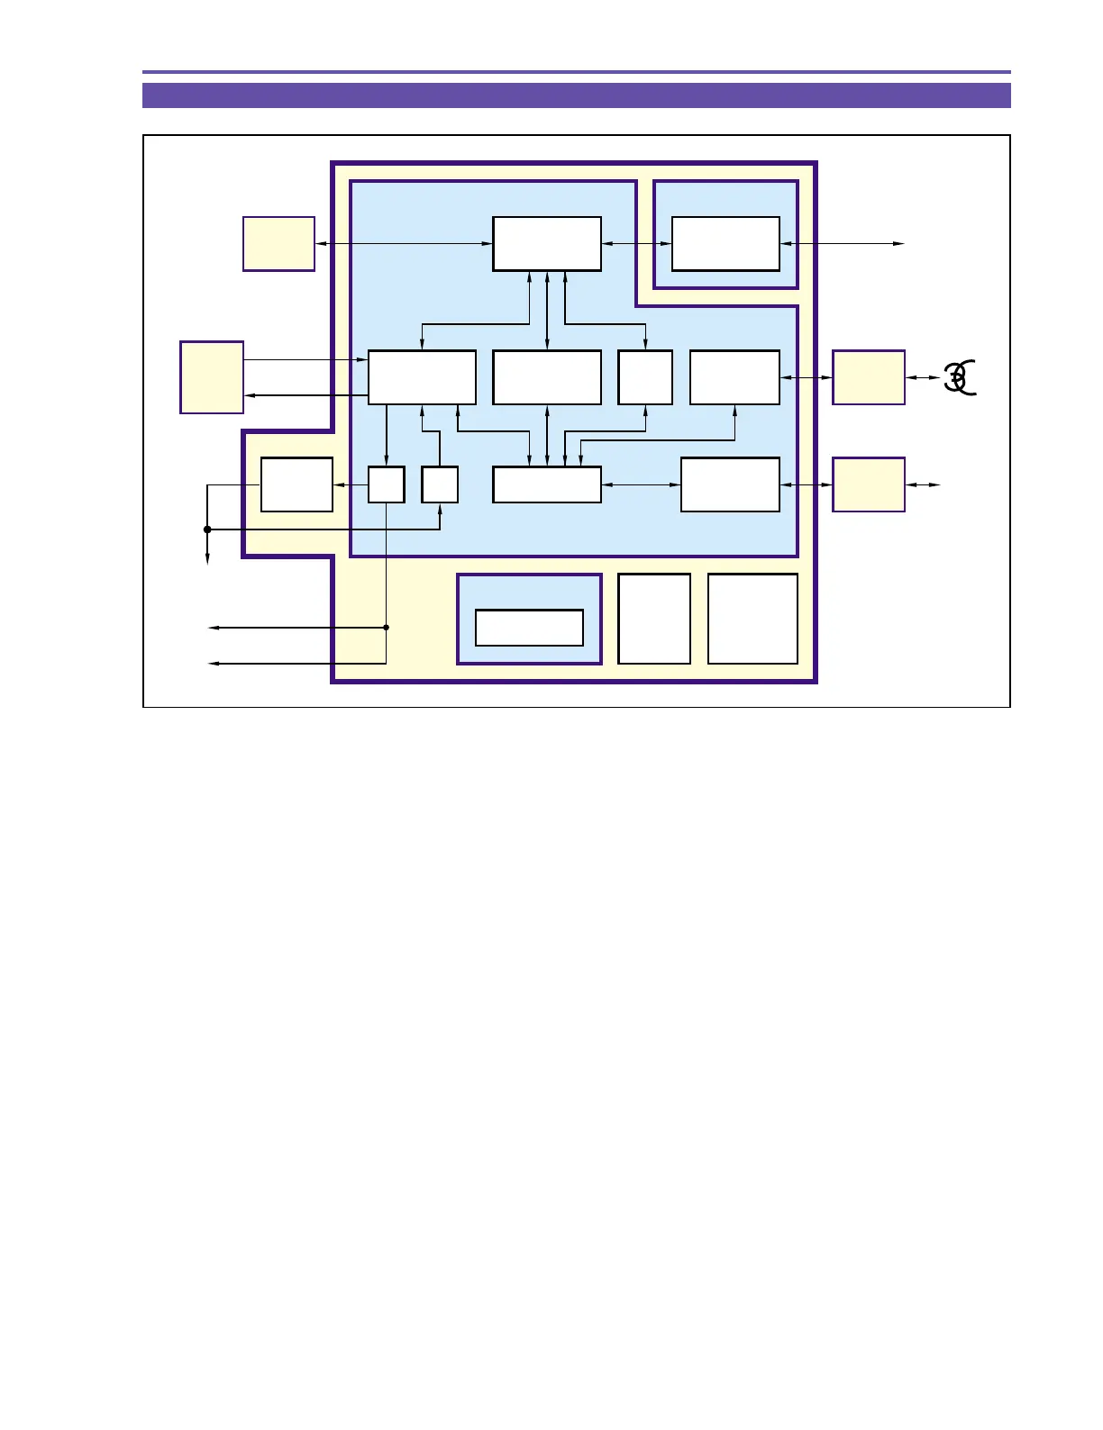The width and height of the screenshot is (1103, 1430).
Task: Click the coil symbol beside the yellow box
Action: click(960, 376)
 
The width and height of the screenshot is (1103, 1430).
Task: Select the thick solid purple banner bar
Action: click(576, 95)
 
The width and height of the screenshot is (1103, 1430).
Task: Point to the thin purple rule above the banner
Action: click(576, 72)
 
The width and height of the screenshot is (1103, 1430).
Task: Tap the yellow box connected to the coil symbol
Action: click(868, 377)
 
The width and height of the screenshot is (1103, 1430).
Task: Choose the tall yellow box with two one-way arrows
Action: click(212, 377)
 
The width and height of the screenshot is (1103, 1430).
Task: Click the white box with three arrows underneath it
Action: click(547, 243)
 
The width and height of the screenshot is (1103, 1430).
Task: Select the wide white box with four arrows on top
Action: click(547, 484)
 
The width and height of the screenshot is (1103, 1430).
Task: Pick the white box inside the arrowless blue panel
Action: click(529, 628)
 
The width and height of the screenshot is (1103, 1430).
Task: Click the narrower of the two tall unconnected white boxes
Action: click(654, 619)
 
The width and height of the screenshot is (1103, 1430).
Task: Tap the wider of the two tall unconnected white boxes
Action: click(752, 619)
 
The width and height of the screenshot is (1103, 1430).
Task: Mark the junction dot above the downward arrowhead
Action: click(207, 529)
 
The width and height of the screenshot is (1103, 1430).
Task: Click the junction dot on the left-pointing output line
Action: click(387, 628)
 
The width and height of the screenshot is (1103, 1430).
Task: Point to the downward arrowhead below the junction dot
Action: click(207, 559)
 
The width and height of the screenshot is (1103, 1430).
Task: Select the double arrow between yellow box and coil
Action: click(924, 377)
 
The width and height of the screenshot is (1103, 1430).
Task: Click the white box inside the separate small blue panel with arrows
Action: click(725, 243)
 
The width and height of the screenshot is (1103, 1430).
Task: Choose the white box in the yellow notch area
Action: click(296, 484)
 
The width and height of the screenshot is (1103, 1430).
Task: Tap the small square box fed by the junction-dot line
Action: click(440, 484)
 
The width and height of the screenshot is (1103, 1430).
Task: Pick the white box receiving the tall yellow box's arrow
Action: click(422, 377)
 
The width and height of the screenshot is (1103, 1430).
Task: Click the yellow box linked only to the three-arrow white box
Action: click(278, 243)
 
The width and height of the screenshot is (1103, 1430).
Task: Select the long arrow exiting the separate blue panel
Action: click(843, 243)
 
